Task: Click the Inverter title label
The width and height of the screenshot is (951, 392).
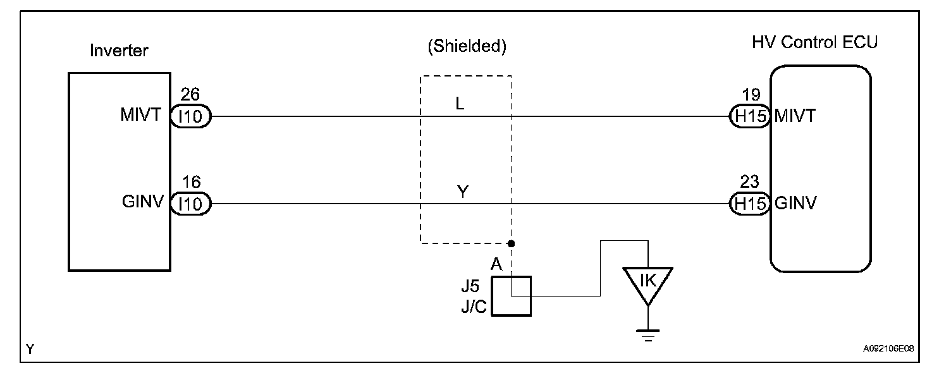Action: pyautogui.click(x=119, y=50)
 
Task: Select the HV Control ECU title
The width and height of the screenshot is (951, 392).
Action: pyautogui.click(x=814, y=42)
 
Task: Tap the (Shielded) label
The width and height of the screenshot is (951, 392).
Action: pyautogui.click(x=467, y=46)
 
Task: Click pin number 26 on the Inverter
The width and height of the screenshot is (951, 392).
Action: pyautogui.click(x=190, y=95)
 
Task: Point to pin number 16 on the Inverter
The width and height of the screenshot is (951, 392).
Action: pyautogui.click(x=190, y=182)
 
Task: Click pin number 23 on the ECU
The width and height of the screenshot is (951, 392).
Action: pyautogui.click(x=749, y=182)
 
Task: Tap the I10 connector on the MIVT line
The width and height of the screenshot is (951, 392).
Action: pyautogui.click(x=190, y=116)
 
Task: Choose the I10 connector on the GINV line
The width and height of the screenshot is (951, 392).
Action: pyautogui.click(x=190, y=204)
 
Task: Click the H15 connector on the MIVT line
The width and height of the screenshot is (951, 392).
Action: pyautogui.click(x=749, y=116)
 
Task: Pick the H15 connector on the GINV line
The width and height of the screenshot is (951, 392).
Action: pyautogui.click(x=749, y=204)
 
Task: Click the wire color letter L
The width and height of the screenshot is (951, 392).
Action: pyautogui.click(x=460, y=104)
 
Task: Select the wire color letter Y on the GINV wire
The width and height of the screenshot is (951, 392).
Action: pyautogui.click(x=462, y=192)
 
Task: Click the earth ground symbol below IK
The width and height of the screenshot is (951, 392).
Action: pyautogui.click(x=647, y=334)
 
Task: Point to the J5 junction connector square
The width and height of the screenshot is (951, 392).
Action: pyautogui.click(x=512, y=295)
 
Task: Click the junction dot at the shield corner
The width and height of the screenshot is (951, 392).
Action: pyautogui.click(x=511, y=243)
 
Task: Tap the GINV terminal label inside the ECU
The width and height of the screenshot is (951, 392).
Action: pyautogui.click(x=795, y=204)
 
